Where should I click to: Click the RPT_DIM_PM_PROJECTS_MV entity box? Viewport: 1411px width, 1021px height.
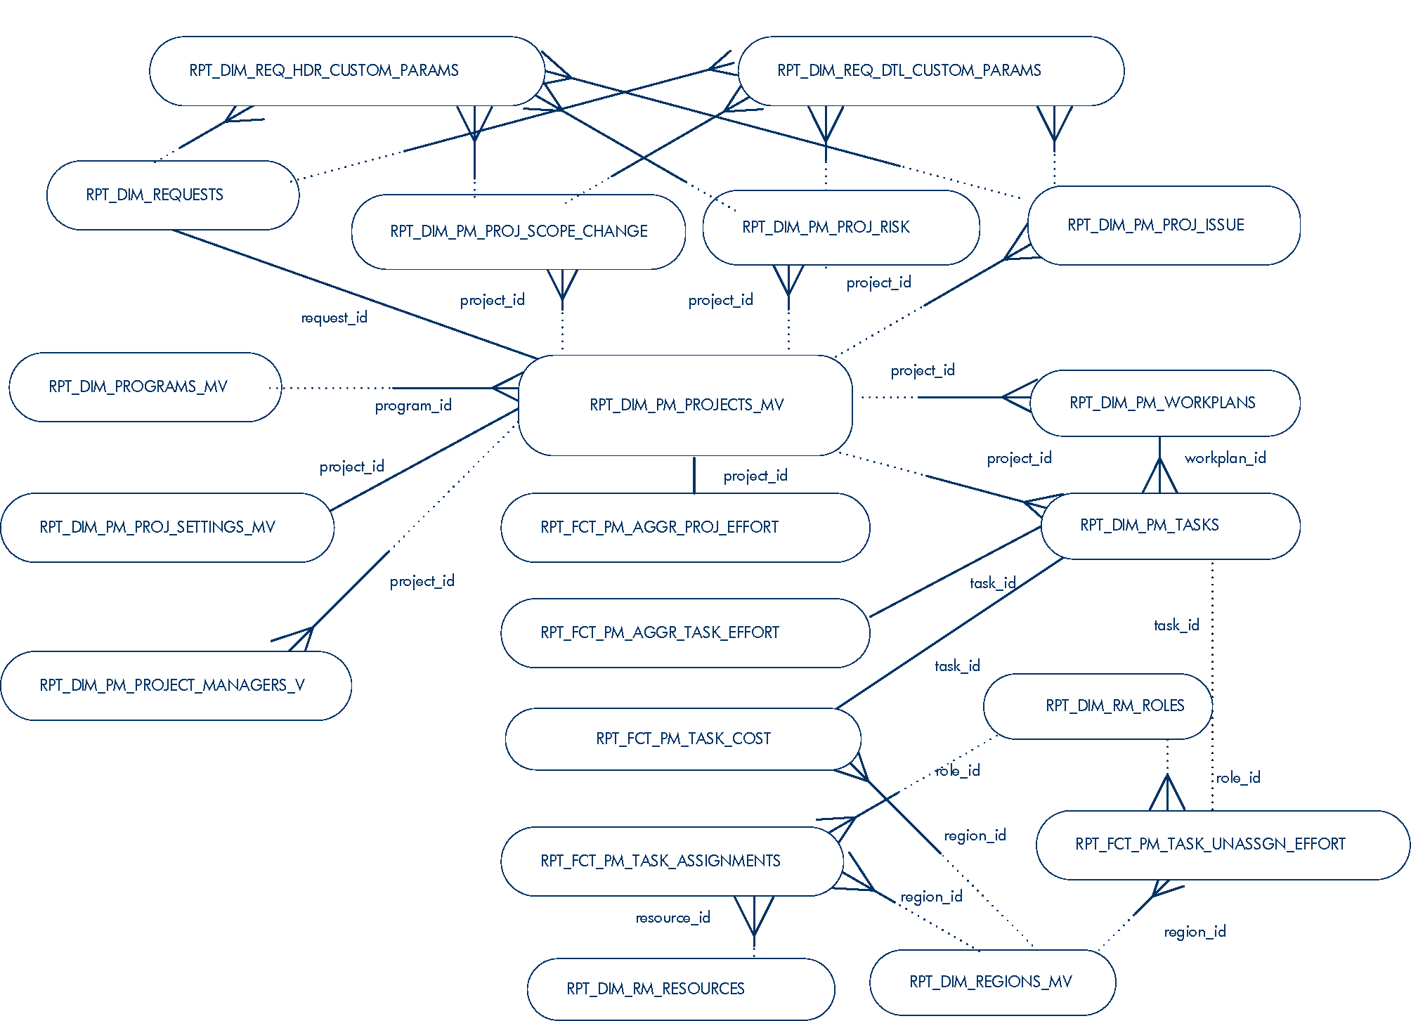(686, 405)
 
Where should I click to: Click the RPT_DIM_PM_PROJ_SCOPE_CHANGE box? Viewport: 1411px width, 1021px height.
(519, 231)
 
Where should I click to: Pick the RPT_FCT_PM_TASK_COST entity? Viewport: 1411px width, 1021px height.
(683, 739)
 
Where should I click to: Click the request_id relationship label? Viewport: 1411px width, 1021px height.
(334, 318)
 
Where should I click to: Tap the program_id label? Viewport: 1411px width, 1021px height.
(413, 405)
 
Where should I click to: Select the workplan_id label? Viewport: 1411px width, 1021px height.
(1225, 458)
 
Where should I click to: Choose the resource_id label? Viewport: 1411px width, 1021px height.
(672, 918)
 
